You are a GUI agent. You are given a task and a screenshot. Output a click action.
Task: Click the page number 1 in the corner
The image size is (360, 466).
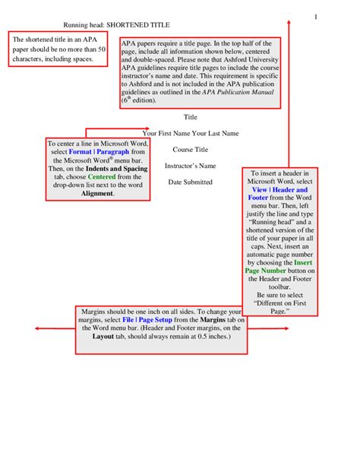pyautogui.click(x=314, y=16)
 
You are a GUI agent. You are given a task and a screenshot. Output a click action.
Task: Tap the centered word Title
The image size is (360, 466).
pyautogui.click(x=191, y=117)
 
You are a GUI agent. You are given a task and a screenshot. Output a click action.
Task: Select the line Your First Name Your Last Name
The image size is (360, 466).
pyautogui.click(x=191, y=133)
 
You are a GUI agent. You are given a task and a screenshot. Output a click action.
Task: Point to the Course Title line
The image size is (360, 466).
pyautogui.click(x=191, y=150)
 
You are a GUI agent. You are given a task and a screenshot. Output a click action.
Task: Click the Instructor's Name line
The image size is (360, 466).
pyautogui.click(x=191, y=166)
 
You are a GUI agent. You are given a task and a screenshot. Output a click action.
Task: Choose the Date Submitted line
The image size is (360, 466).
pyautogui.click(x=191, y=182)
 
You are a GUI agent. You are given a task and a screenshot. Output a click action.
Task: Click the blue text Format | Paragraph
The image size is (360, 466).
pyautogui.click(x=96, y=151)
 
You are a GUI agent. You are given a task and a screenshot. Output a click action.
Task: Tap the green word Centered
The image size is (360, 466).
pyautogui.click(x=92, y=176)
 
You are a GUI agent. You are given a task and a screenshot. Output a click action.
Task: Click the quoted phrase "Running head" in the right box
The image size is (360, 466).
pyautogui.click(x=273, y=223)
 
